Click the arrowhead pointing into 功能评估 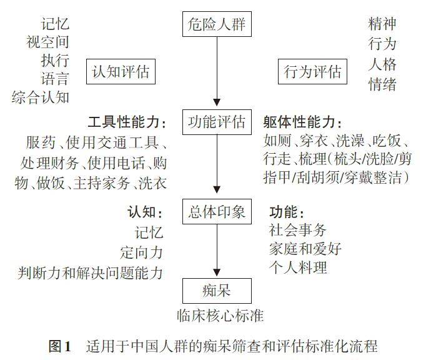pos(217,102)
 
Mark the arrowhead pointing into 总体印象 pos(217,189)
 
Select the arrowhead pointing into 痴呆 pos(217,272)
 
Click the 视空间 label pos(48,42)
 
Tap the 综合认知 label pos(41,97)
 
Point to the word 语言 pos(56,79)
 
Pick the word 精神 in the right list pos(382,24)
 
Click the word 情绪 pos(382,84)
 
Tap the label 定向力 pos(142,252)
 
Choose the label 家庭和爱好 pos(305,249)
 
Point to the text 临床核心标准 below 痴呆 pos(220,316)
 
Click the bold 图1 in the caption pos(60,346)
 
